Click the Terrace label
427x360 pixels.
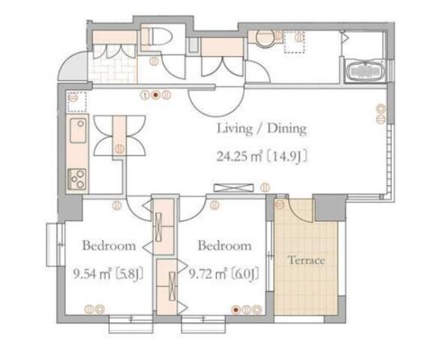(306, 260)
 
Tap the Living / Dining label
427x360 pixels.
(262, 129)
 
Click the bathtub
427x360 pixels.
(365, 71)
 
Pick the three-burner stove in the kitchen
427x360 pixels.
(77, 179)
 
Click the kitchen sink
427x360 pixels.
(78, 130)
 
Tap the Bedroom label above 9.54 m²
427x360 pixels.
(109, 245)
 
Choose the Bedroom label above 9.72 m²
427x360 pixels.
(224, 245)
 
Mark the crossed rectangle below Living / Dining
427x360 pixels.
(233, 188)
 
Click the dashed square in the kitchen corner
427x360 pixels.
(77, 102)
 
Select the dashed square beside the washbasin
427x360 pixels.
(294, 42)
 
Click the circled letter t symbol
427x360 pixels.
(146, 95)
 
